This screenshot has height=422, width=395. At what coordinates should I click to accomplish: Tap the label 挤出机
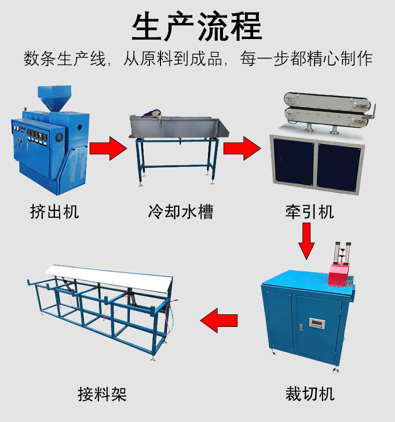tap(54, 211)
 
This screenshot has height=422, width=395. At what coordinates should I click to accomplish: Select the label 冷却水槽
tap(180, 211)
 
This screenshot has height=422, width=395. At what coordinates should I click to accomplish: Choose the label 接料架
tap(102, 393)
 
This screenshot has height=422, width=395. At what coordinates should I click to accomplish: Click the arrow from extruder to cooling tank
tap(108, 149)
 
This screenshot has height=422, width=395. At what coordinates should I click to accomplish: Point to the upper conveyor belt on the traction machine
tap(325, 100)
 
